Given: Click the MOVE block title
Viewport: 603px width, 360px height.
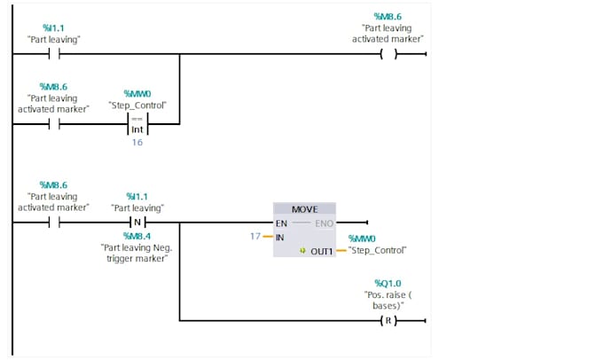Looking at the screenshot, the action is coord(304,209).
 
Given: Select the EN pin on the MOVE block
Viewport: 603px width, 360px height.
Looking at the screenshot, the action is coord(281,223).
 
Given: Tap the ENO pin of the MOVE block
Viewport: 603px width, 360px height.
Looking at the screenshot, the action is coord(324,223).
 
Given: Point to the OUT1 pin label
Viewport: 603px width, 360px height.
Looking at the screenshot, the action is coord(322,252).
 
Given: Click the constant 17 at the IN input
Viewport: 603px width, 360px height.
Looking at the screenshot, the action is coord(255,236).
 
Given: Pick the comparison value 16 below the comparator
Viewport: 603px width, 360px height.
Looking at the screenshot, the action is coord(137,142).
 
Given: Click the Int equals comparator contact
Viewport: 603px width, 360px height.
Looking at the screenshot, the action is coord(137,124).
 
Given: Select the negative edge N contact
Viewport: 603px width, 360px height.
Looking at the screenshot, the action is coord(137,223).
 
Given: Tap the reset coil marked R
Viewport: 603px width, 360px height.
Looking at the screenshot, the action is coord(388,320).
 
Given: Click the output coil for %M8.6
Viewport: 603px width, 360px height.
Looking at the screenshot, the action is coord(388,54).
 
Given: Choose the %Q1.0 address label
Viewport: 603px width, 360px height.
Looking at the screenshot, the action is coord(388,284).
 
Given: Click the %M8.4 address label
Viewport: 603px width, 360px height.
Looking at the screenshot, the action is coord(137,236).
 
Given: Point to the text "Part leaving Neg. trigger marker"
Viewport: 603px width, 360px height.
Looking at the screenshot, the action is coord(137,253).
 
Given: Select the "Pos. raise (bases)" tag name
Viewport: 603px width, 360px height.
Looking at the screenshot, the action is coord(388,301).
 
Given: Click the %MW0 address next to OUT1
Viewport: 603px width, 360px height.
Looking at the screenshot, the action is coord(362,239).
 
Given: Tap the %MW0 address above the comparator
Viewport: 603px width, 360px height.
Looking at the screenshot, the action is coord(137,94).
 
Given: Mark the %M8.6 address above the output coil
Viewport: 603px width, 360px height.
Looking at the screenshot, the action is coord(388,17).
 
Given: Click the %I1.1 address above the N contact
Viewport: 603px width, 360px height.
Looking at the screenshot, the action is coord(137,197).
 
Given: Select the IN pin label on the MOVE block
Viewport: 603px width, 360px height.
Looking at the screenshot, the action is coord(279,238).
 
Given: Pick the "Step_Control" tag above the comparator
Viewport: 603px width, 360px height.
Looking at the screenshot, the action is coord(137,106).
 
